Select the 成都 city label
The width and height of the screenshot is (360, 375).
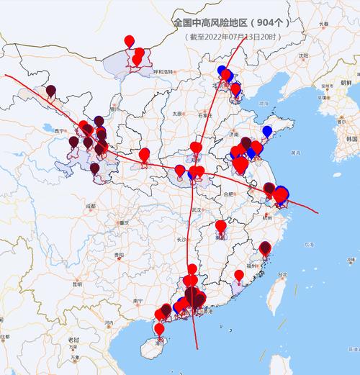89,207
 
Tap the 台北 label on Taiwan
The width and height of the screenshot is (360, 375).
282,275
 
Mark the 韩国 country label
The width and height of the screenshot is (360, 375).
351,137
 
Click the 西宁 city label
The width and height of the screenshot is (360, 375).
60,131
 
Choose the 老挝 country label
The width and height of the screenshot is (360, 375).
73,338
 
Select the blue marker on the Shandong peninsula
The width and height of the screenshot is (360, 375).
268,132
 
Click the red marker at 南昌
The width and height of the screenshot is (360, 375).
221,227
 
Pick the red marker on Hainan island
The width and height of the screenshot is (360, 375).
158,330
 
